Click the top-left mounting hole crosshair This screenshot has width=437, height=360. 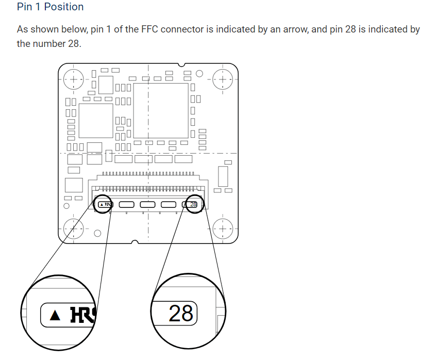pos(74,79)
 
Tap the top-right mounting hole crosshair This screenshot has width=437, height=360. pos(223,80)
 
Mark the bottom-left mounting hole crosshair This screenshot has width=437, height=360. pos(74,227)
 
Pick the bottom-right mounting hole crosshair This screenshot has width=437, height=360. pos(223,227)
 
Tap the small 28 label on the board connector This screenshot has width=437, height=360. pos(193,205)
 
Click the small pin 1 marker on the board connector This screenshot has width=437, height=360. pos(102,205)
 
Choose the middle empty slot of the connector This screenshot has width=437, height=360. pos(147,205)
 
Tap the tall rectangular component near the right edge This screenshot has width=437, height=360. pos(223,176)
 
